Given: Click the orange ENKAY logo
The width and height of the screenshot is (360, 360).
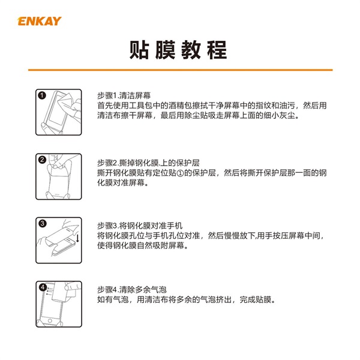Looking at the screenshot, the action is pyautogui.click(x=40, y=21).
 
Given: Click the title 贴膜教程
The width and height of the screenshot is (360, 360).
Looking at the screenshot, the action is pyautogui.click(x=178, y=50).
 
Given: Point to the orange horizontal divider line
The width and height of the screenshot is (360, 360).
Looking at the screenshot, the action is pyautogui.click(x=180, y=70).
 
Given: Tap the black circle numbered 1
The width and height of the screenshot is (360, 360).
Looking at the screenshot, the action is pyautogui.click(x=42, y=95).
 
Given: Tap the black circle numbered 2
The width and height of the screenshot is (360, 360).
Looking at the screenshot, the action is pyautogui.click(x=42, y=160).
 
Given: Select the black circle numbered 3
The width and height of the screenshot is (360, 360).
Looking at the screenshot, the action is pyautogui.click(x=43, y=223).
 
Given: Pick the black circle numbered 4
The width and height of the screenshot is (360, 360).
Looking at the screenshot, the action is pyautogui.click(x=43, y=287).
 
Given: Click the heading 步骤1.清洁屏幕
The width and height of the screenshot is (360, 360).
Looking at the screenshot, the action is pyautogui.click(x=124, y=96).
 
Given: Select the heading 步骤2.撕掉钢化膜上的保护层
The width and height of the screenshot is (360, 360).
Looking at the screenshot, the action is pyautogui.click(x=148, y=163).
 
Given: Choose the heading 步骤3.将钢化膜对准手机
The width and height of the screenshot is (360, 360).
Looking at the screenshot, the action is pyautogui.click(x=140, y=226).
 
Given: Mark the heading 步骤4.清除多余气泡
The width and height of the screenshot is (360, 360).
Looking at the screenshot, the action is pyautogui.click(x=132, y=290).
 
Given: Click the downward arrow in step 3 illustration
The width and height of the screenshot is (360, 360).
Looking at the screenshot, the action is pyautogui.click(x=77, y=238).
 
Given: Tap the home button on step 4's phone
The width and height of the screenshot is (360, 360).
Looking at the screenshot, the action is pyautogui.click(x=50, y=320).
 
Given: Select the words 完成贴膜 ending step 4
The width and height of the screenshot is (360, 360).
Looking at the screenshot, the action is pyautogui.click(x=256, y=299).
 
